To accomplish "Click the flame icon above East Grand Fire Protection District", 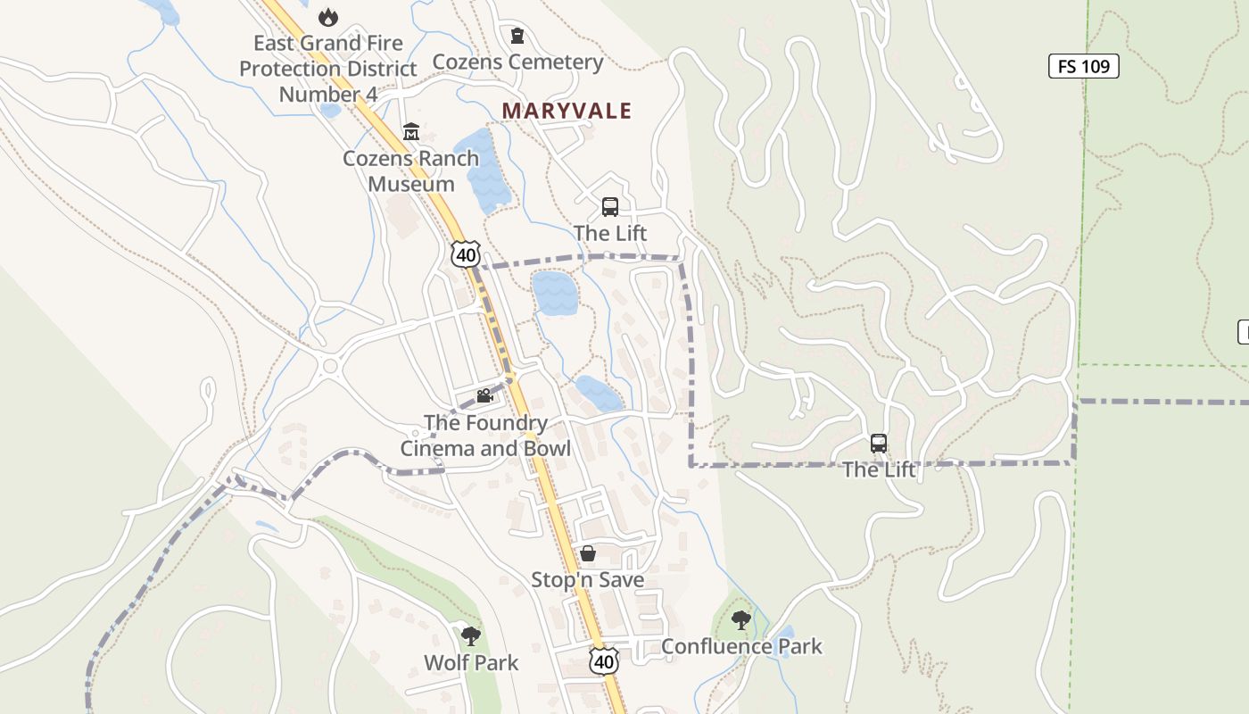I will click(328, 17).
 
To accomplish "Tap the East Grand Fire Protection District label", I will click(327, 69).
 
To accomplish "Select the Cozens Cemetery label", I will click(517, 62).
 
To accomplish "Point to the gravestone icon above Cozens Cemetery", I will click(517, 36).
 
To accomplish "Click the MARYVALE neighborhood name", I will click(567, 111).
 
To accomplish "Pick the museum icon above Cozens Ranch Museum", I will click(411, 132).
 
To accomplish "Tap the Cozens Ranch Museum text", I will click(411, 171).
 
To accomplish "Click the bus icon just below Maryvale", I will click(610, 207).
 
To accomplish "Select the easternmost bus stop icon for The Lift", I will click(879, 444).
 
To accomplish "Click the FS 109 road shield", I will click(1083, 66).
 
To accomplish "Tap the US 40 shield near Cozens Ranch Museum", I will click(465, 254).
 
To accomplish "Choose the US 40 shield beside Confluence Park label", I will click(604, 661).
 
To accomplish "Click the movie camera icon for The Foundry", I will click(484, 396).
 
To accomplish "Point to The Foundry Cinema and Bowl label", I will click(485, 436).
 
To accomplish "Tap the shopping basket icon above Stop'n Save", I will click(588, 553).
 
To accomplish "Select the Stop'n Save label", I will click(587, 580).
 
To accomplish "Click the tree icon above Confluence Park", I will click(740, 619).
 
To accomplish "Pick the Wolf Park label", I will click(471, 663).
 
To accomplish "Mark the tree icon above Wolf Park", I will click(471, 636).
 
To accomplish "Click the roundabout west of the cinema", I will click(330, 366).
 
